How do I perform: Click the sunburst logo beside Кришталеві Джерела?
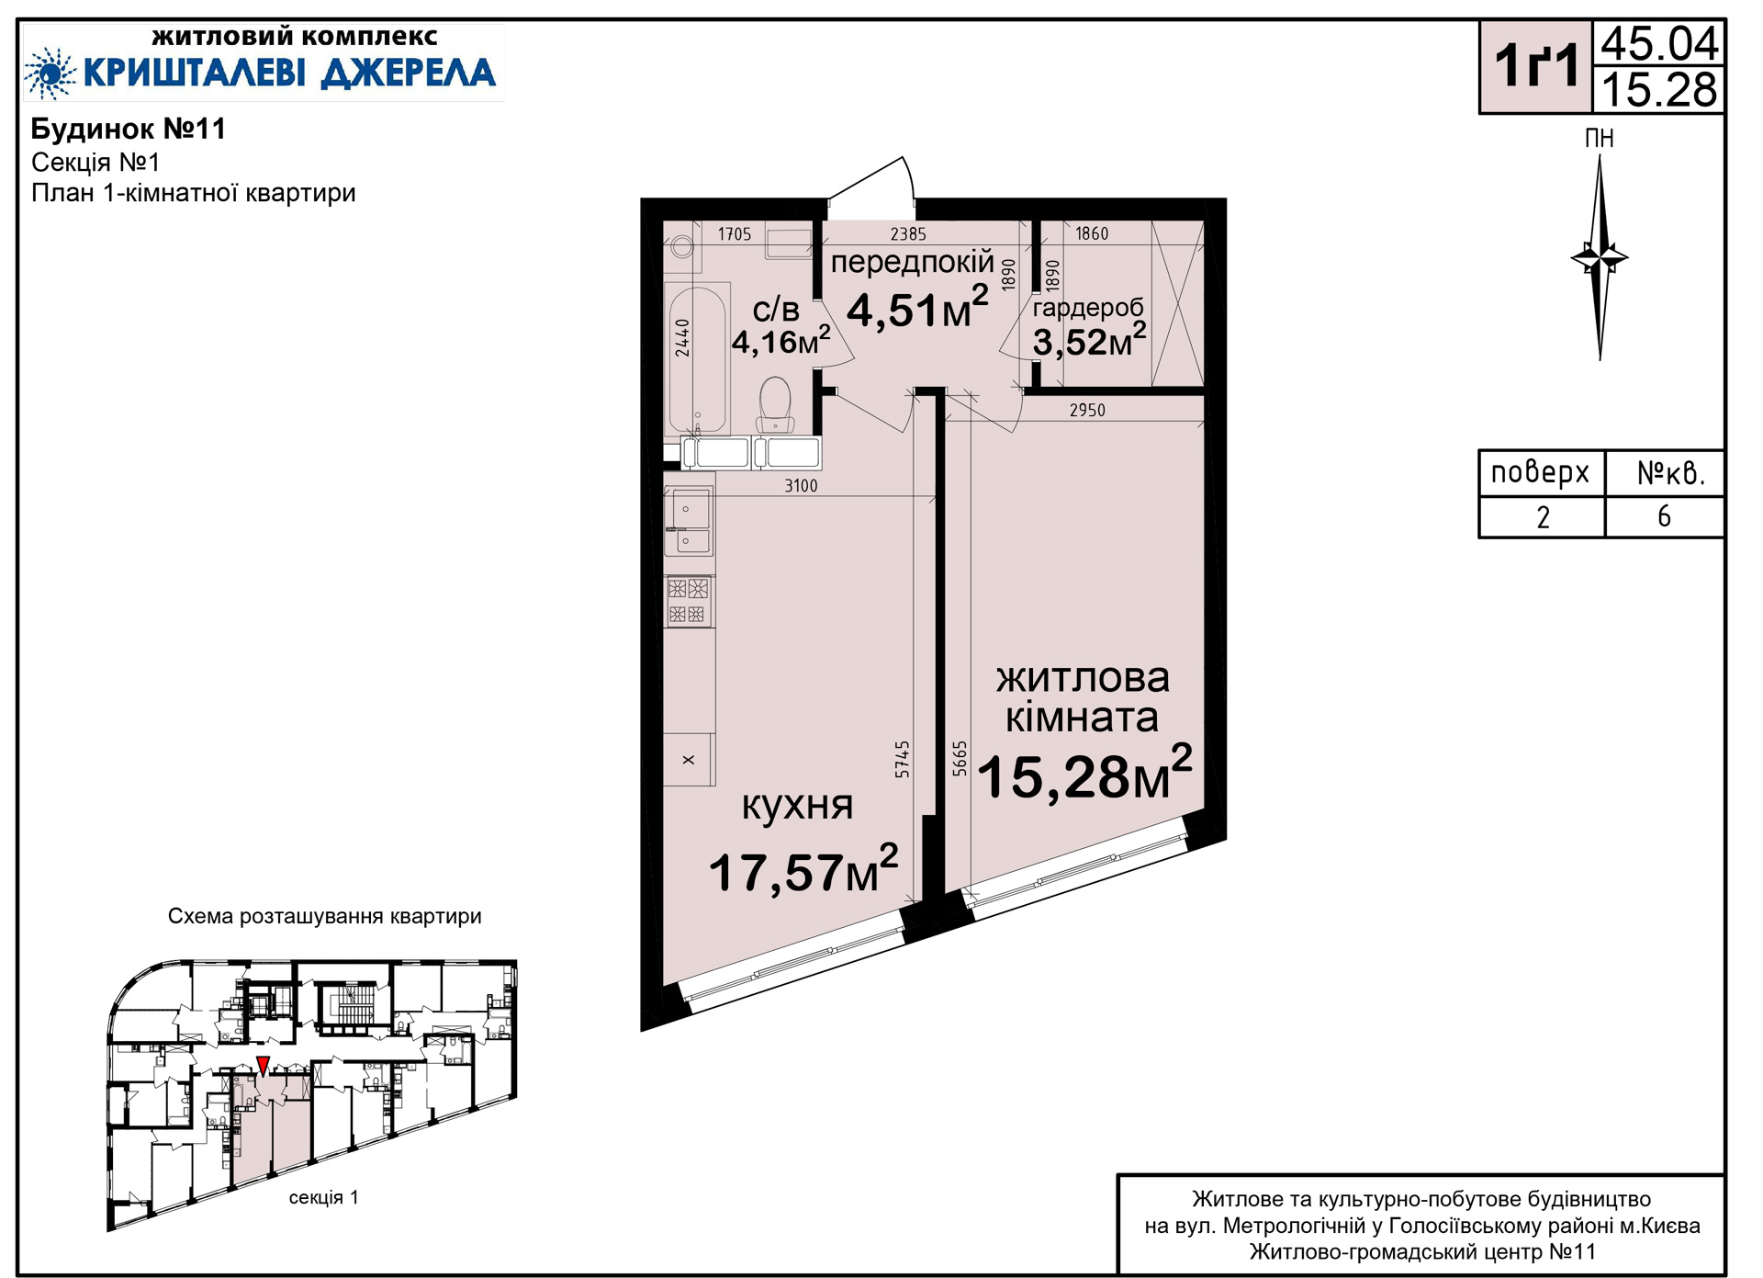50,73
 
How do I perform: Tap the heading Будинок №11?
129,129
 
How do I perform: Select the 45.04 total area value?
1659,43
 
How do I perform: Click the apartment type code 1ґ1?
1536,66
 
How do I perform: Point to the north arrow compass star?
1600,257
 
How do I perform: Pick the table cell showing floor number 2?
1543,517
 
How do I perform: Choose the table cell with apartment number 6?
1664,517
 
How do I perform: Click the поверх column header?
1540,472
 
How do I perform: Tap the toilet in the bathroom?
775,404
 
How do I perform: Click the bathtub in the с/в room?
697,359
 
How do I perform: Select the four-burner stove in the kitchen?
689,601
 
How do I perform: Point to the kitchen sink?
689,521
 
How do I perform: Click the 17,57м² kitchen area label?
803,869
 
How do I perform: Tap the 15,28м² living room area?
1084,774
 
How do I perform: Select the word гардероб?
1088,307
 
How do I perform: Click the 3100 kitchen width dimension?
801,485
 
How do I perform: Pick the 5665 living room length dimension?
960,759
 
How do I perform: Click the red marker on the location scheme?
263,1066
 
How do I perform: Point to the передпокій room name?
912,263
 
